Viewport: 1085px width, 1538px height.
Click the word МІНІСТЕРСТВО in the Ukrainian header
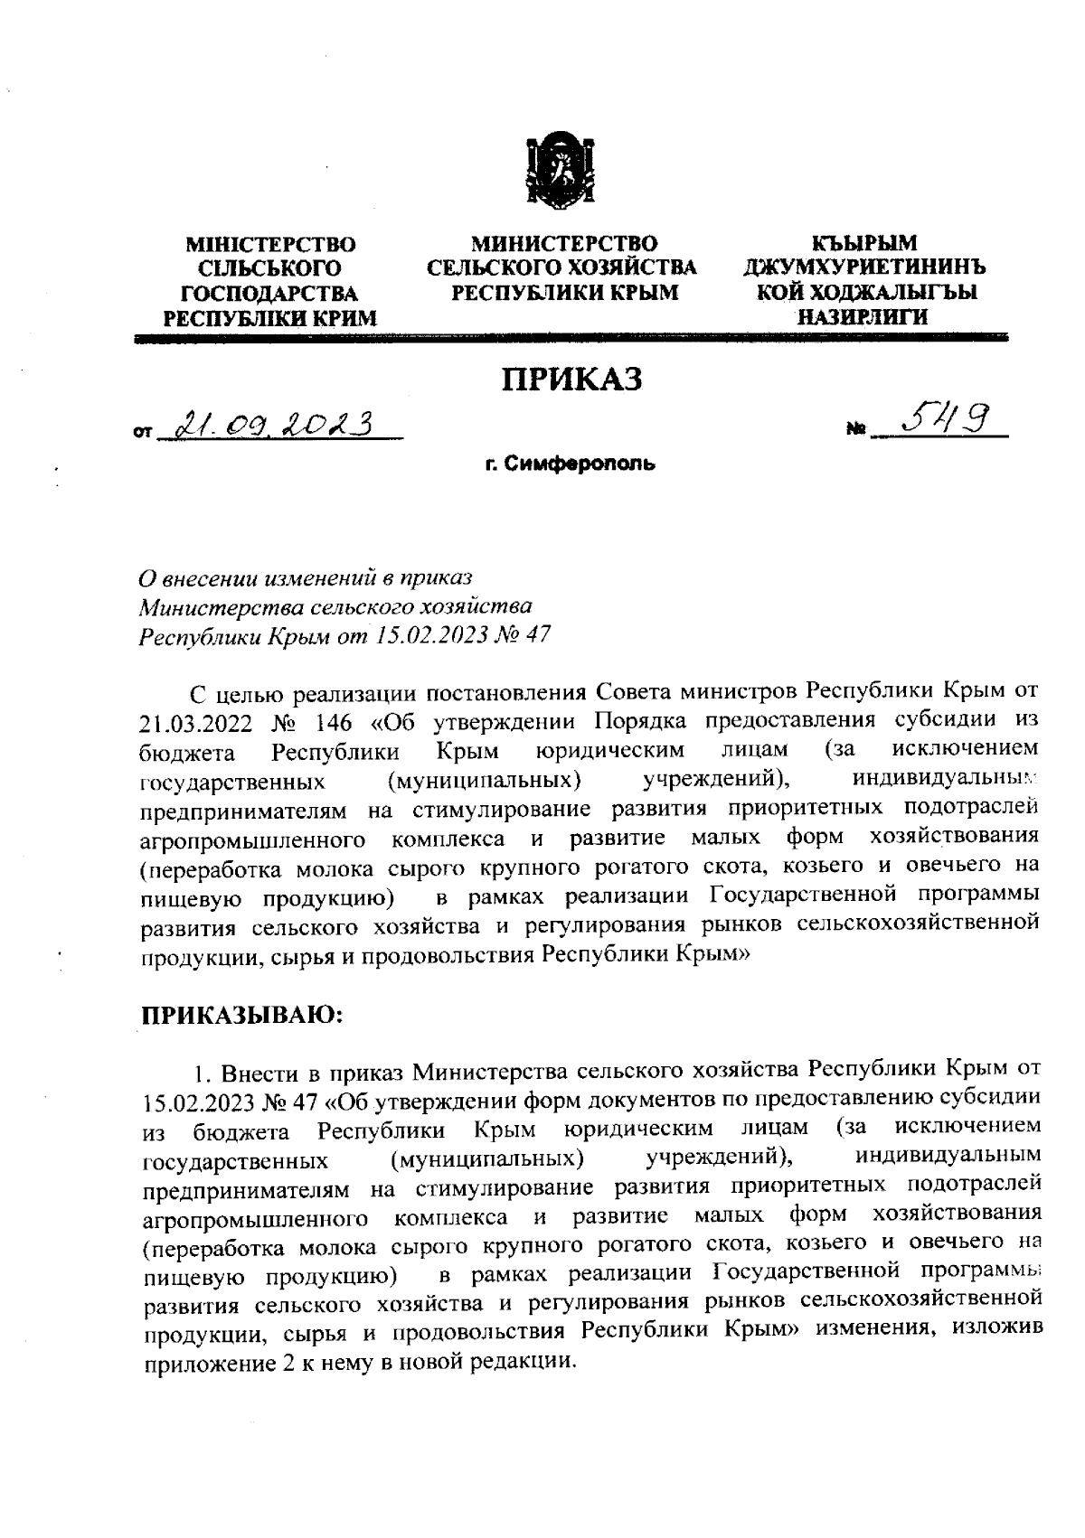(270, 245)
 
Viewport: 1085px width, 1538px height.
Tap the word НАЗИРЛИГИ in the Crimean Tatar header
(861, 317)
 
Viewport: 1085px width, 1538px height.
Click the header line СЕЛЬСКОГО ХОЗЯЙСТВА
(561, 268)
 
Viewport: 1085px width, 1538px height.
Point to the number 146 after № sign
(338, 723)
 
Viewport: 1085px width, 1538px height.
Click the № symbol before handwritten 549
(854, 434)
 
